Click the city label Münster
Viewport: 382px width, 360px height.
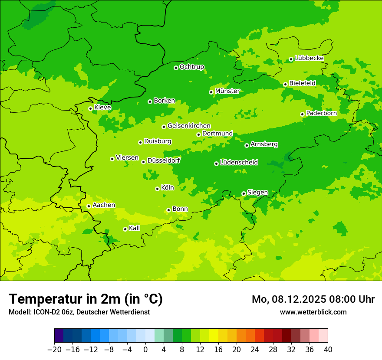tap(227, 91)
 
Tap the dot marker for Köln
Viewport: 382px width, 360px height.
tap(157, 189)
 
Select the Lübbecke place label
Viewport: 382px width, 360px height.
tap(309, 58)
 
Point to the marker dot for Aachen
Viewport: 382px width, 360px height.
tap(89, 206)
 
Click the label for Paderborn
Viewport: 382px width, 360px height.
tap(321, 113)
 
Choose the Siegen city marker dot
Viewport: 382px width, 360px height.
tap(244, 193)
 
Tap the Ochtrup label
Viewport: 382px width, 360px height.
tap(192, 67)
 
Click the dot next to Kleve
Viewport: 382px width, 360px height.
tap(90, 108)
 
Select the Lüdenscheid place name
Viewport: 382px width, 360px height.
tap(239, 163)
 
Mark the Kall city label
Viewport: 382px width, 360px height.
tap(135, 228)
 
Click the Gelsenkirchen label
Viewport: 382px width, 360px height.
tap(189, 126)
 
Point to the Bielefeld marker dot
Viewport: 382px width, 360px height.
tap(285, 84)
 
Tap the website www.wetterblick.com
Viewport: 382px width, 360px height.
tap(313, 312)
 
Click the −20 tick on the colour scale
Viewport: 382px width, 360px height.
tap(54, 350)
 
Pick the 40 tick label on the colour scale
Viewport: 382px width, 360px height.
tap(328, 350)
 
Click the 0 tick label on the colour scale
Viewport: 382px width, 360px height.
tap(145, 350)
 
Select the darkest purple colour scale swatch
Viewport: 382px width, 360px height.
tap(59, 336)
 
